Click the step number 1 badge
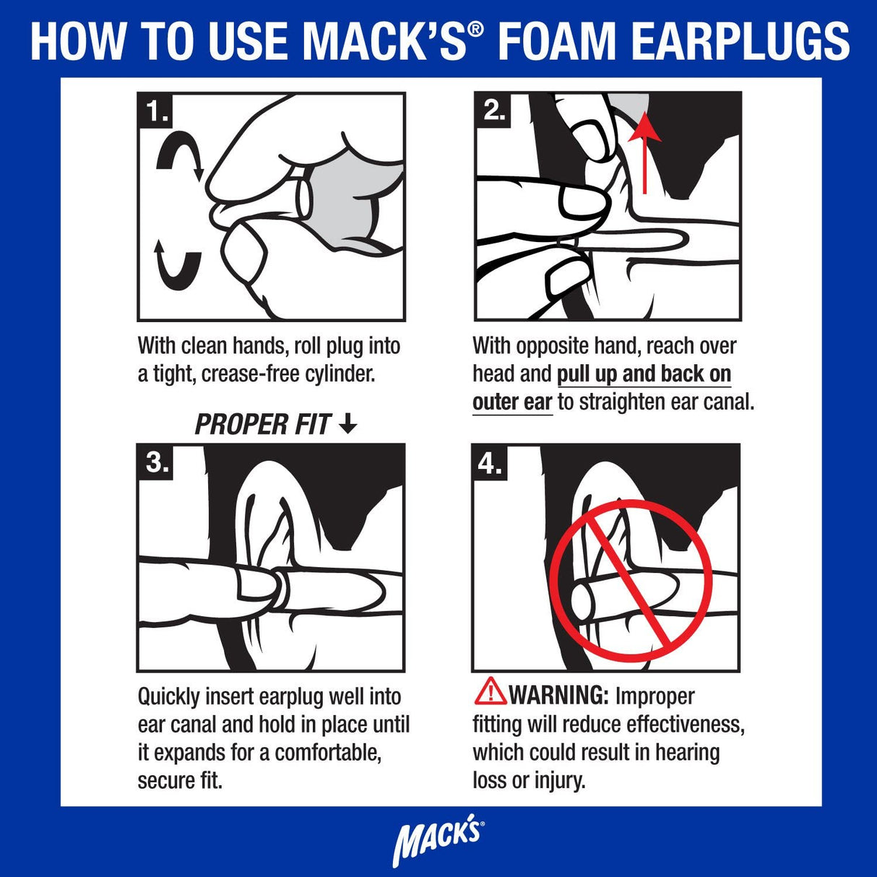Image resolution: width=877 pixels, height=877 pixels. [156, 111]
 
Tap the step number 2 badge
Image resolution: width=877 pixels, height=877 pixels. [493, 110]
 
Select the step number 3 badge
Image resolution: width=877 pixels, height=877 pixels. [156, 462]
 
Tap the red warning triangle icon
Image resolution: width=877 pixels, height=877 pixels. [490, 692]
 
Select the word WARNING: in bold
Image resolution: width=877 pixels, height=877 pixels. [559, 696]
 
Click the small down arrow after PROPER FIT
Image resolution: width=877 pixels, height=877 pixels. [348, 424]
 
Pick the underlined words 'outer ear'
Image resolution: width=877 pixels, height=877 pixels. [512, 402]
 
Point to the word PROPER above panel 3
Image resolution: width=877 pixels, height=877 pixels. [231, 425]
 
